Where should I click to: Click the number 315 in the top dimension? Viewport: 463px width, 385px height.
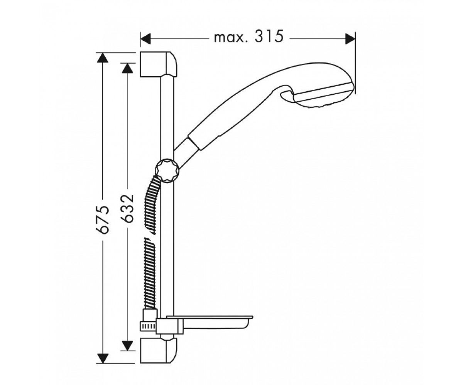point(269,37)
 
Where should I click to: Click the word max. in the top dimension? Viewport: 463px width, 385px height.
point(231,38)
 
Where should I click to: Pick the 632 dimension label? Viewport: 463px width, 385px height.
point(127,208)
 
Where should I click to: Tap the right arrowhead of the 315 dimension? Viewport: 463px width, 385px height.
point(350,39)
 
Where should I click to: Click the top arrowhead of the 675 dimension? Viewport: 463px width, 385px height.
point(103,57)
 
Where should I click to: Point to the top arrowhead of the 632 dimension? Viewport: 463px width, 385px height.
point(127,68)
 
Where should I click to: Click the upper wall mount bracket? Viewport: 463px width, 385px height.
point(158,65)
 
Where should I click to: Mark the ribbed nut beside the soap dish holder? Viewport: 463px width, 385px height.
point(148,326)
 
